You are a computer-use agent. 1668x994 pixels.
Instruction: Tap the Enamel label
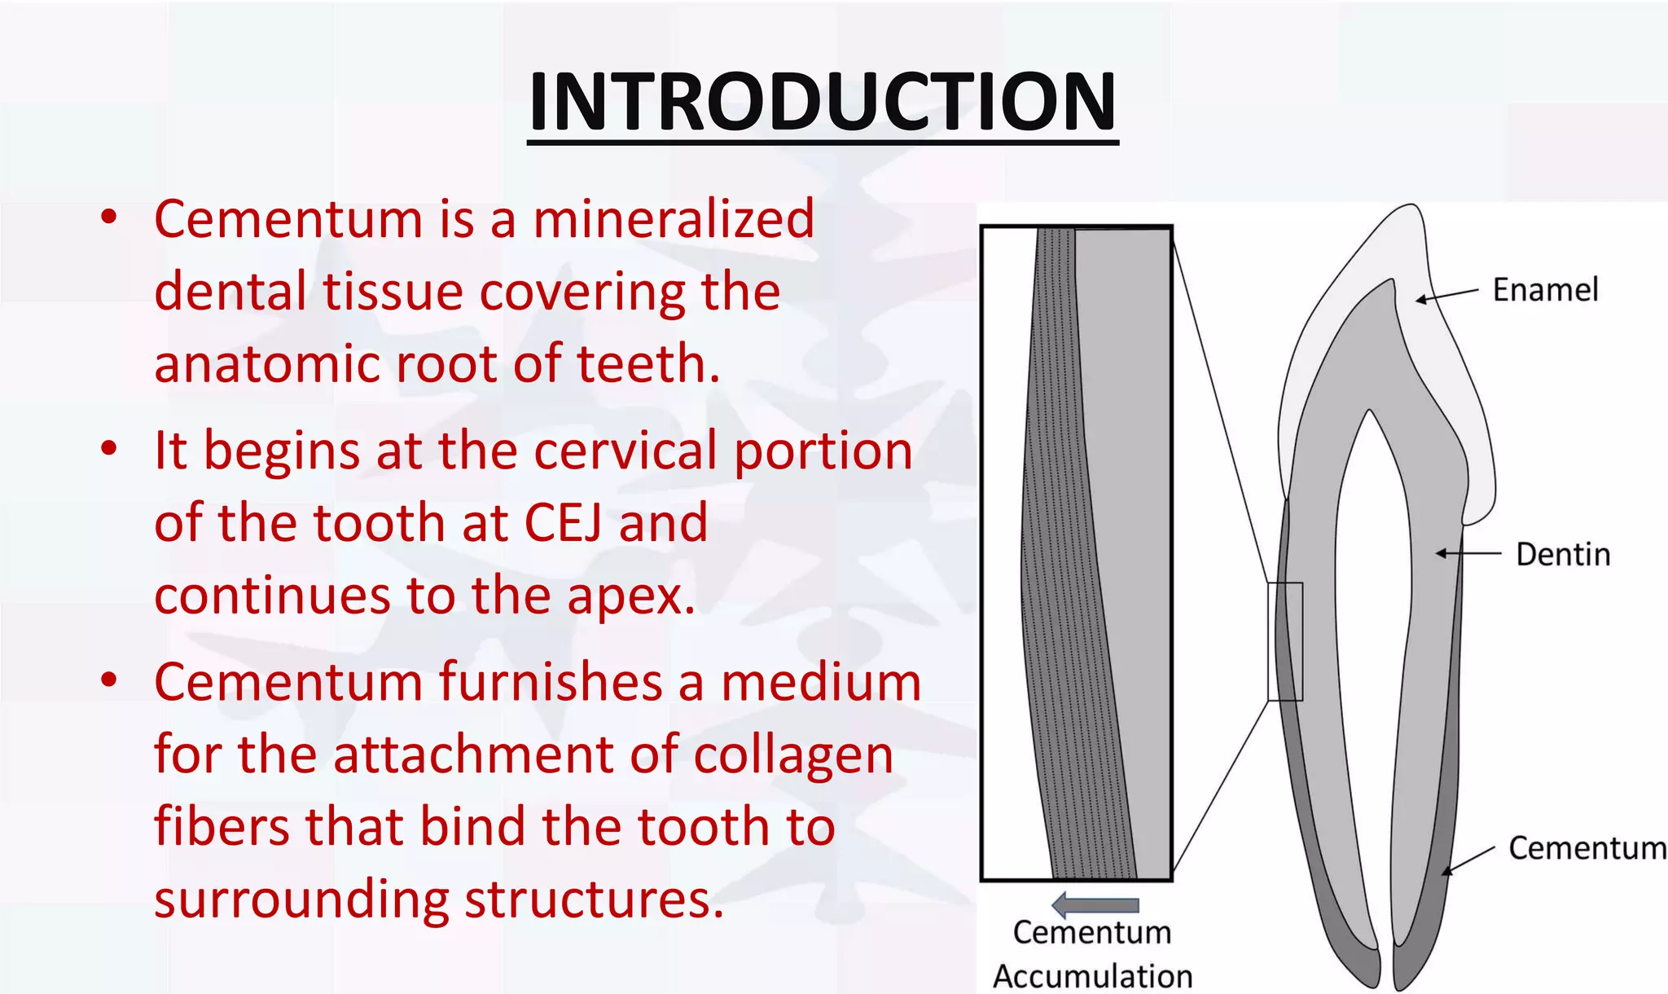(1545, 290)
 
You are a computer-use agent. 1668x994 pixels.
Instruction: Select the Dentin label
(1562, 554)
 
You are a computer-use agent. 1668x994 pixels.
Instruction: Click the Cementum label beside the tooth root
(1587, 848)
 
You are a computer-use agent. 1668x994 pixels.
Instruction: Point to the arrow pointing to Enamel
(1446, 295)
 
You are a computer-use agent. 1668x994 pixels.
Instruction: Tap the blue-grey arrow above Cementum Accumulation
(1095, 904)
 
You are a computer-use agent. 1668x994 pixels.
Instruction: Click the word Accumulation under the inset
(1092, 976)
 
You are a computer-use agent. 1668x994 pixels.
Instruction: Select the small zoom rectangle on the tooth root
(1285, 641)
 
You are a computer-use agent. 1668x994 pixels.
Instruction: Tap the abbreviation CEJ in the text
(563, 523)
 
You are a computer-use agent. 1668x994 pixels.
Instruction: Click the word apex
(631, 596)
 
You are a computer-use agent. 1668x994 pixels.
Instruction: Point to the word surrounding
(301, 900)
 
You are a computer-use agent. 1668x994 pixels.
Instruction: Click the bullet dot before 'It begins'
(109, 449)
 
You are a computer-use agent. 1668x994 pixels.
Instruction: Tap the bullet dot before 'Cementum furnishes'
(109, 680)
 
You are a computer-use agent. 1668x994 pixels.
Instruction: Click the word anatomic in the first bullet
(266, 364)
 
